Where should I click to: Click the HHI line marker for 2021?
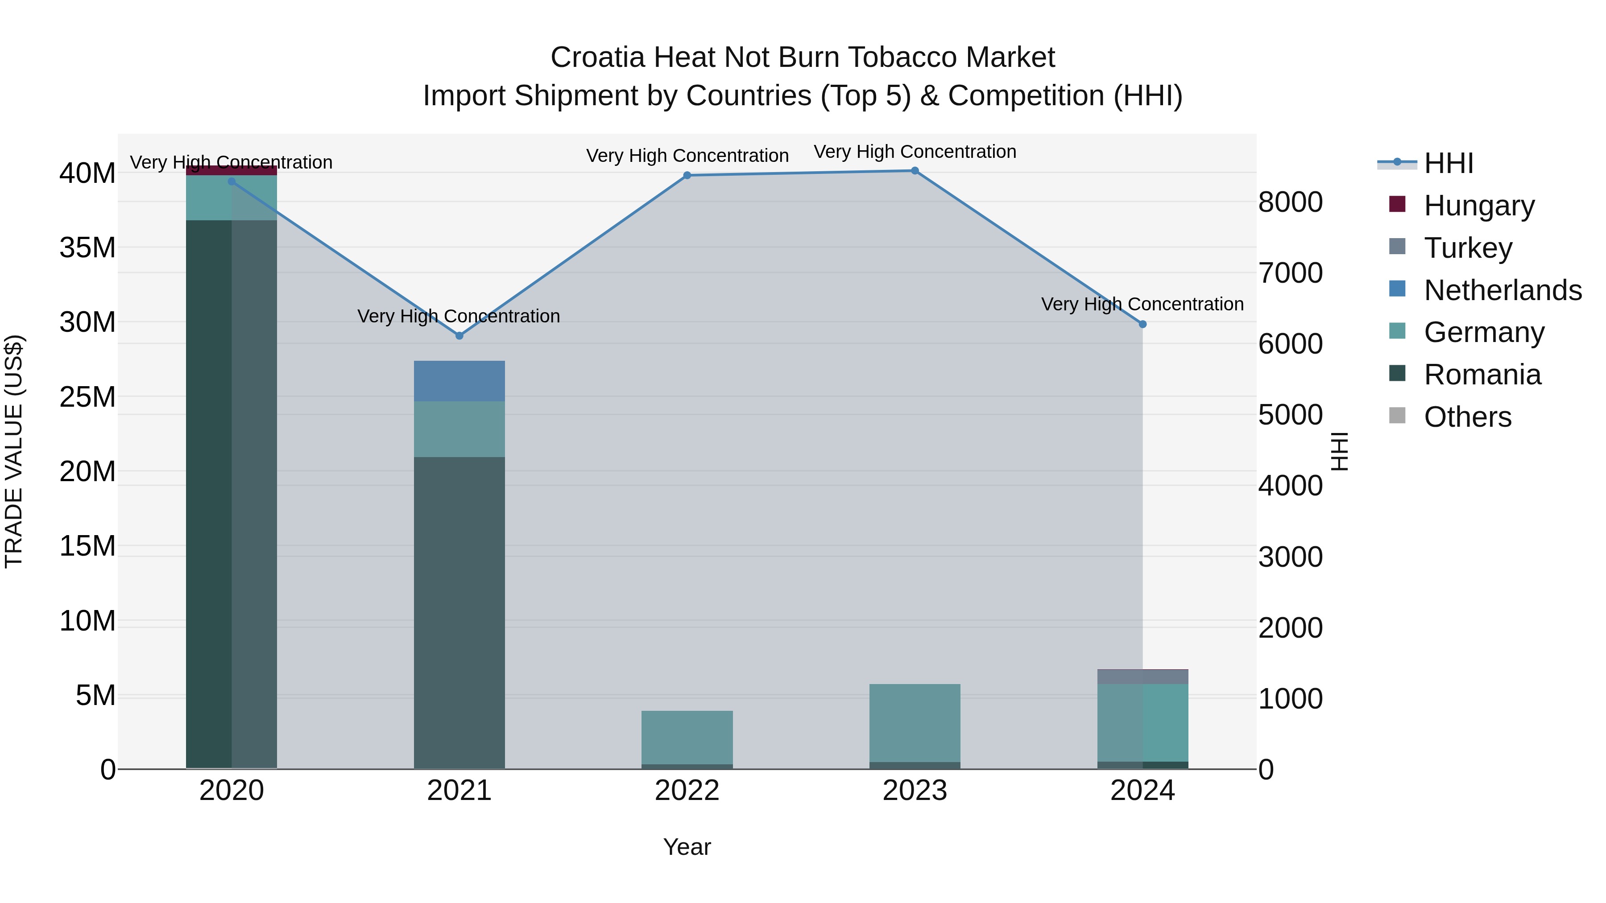pyautogui.click(x=459, y=336)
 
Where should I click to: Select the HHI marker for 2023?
pyautogui.click(x=915, y=171)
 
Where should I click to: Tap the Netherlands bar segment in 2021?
pyautogui.click(x=459, y=381)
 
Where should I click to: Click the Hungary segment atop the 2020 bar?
pyautogui.click(x=231, y=170)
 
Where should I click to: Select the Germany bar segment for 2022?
pyautogui.click(x=687, y=737)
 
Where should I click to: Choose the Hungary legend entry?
pyautogui.click(x=1479, y=206)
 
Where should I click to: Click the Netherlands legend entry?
pyautogui.click(x=1503, y=290)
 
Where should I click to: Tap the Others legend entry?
pyautogui.click(x=1468, y=417)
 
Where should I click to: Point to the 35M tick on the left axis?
pyautogui.click(x=87, y=248)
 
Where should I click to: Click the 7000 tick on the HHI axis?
pyautogui.click(x=1290, y=273)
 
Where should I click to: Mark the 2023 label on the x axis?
pyautogui.click(x=915, y=791)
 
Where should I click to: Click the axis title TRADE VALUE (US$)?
pyautogui.click(x=14, y=451)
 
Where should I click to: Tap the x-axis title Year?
pyautogui.click(x=687, y=847)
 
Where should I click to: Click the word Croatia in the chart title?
pyautogui.click(x=596, y=58)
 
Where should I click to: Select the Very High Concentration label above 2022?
pyautogui.click(x=687, y=156)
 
